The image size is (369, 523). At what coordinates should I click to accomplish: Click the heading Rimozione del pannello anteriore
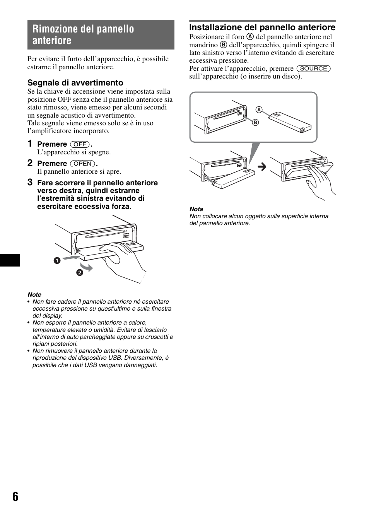83,34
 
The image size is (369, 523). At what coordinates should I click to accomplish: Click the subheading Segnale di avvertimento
75,82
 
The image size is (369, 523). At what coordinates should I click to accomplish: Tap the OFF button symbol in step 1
80,144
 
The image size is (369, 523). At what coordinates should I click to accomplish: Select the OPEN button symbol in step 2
83,164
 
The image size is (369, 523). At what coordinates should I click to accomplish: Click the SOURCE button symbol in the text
313,68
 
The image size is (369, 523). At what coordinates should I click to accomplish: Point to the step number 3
30,182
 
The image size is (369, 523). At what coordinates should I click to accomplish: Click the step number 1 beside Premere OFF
30,144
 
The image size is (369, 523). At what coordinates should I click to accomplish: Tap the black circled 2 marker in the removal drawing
79,273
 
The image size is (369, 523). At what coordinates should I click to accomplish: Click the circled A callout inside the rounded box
259,110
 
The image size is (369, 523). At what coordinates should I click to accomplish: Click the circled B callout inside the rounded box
255,123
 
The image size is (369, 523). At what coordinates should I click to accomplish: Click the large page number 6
15,497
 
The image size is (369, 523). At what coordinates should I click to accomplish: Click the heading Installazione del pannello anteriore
262,27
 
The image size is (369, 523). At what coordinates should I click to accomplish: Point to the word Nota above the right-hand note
196,209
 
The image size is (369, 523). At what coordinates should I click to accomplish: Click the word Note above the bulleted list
34,294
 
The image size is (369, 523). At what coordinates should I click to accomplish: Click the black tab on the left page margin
10,260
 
